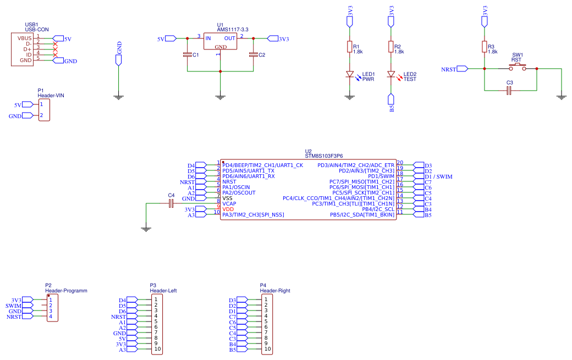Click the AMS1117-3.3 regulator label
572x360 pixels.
(x=233, y=30)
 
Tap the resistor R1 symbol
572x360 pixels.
(x=349, y=47)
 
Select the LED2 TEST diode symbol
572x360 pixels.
(x=391, y=75)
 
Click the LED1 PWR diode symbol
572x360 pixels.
(x=350, y=75)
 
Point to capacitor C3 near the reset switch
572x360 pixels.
(x=510, y=90)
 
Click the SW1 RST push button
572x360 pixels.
(x=518, y=67)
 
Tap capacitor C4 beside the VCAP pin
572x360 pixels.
(x=171, y=204)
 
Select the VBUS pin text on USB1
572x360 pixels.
(x=24, y=38)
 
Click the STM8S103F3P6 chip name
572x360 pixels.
(x=324, y=156)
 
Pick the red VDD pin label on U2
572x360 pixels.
(x=228, y=209)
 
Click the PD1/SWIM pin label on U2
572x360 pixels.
(x=381, y=176)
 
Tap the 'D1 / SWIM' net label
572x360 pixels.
(x=438, y=177)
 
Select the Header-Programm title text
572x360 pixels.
(x=66, y=291)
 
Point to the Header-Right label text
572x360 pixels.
(x=275, y=291)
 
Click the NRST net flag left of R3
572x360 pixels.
(x=454, y=69)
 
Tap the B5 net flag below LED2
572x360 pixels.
(x=392, y=103)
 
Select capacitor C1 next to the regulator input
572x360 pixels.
(x=187, y=54)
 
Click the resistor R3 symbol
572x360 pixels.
(x=485, y=47)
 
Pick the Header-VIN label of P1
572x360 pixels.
(x=51, y=96)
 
